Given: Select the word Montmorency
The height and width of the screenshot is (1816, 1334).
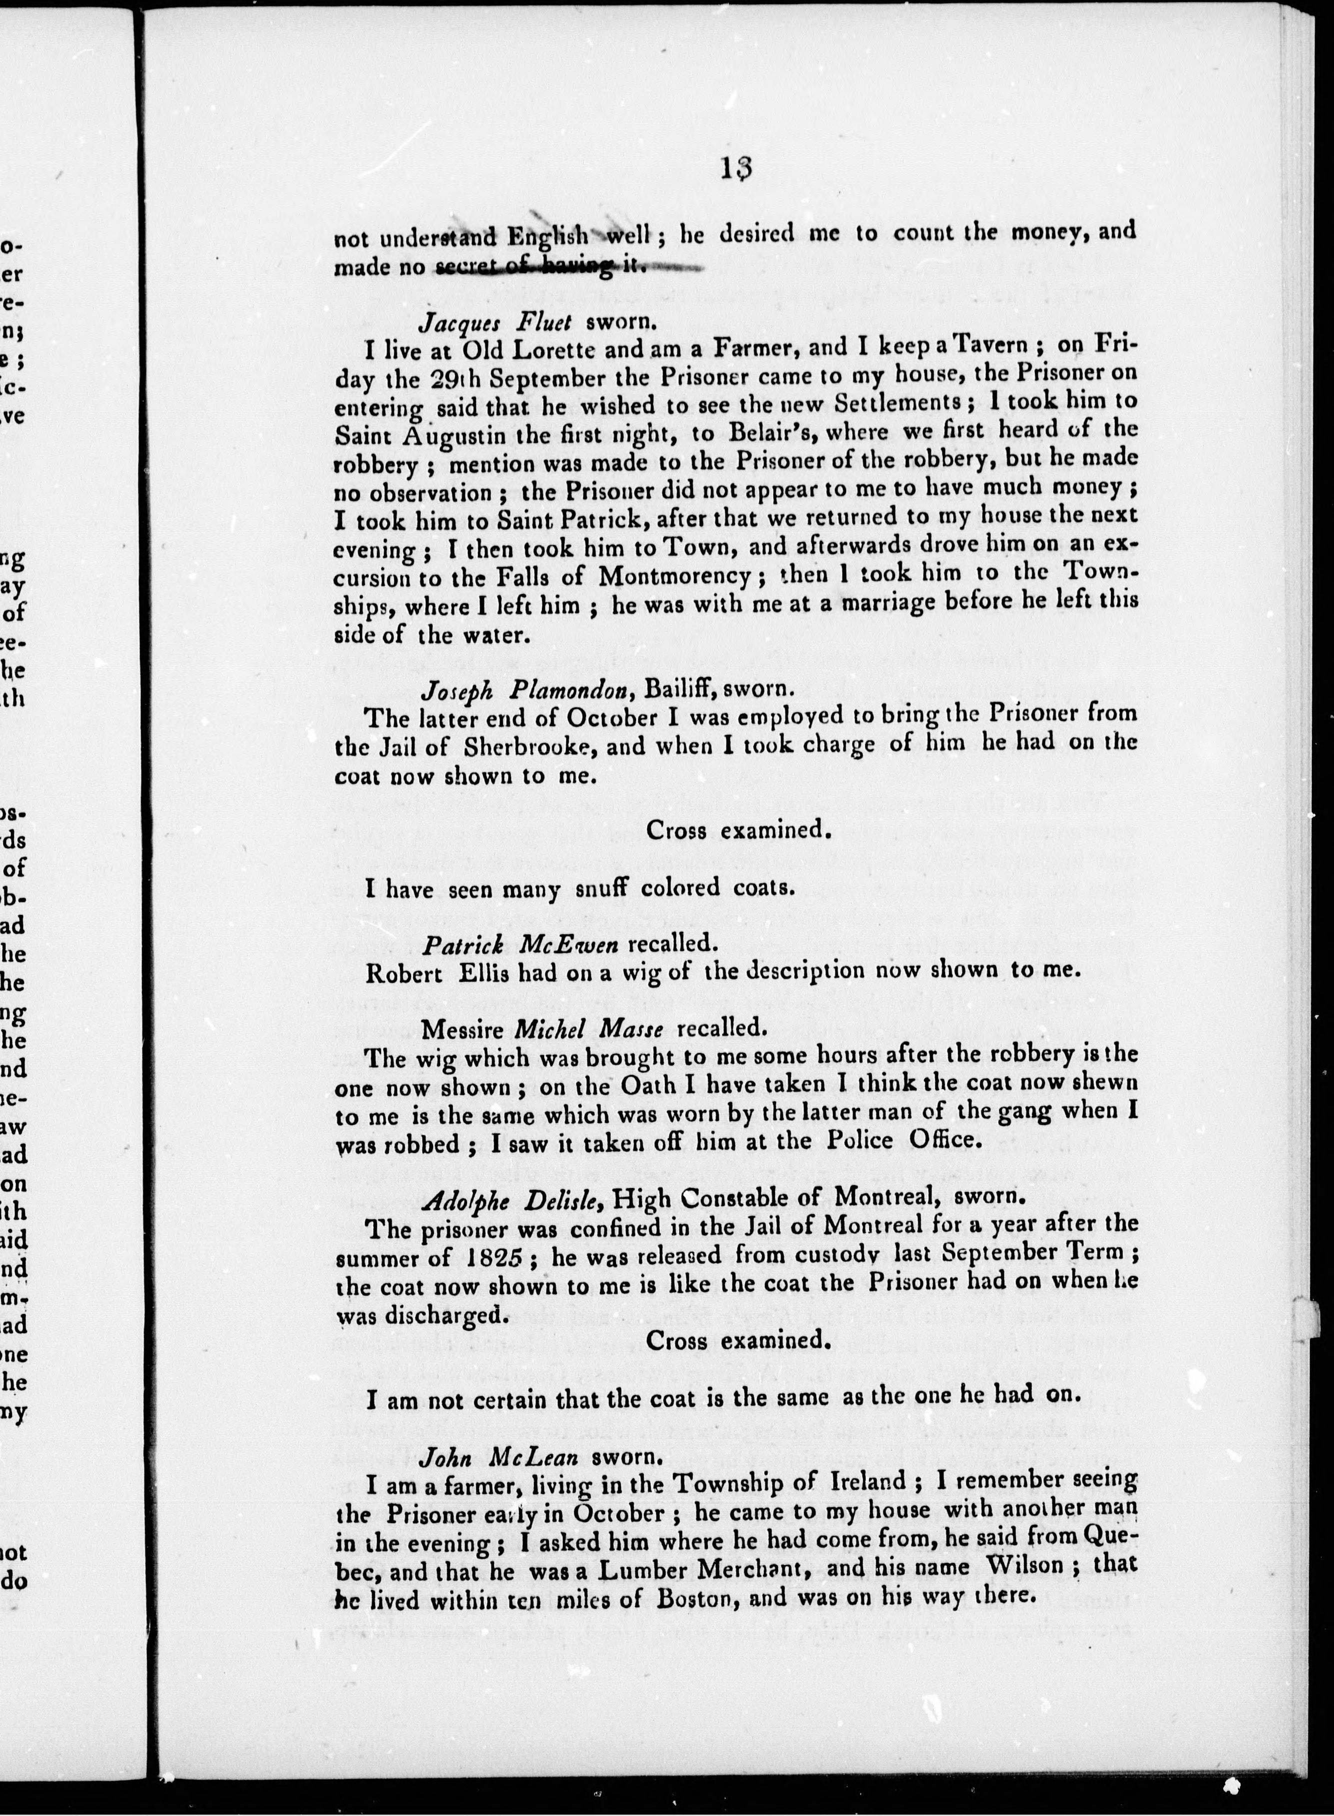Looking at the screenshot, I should [x=676, y=576].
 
